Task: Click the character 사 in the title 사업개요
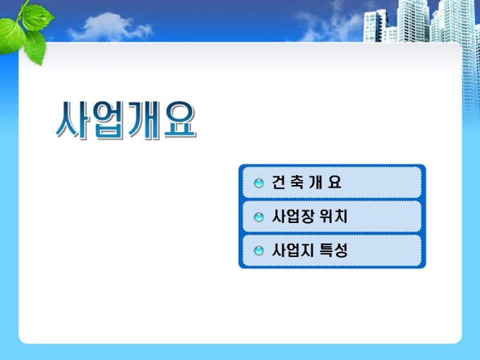(x=72, y=119)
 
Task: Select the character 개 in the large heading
(x=144, y=120)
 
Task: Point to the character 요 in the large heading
(x=180, y=119)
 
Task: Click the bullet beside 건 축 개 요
(x=258, y=183)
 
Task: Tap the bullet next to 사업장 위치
(x=258, y=217)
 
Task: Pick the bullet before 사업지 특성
(x=258, y=251)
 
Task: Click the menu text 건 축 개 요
(x=306, y=182)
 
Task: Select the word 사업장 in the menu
(x=293, y=217)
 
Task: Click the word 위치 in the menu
(x=333, y=217)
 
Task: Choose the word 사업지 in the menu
(x=293, y=250)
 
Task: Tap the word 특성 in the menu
(x=333, y=250)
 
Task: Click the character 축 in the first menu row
(x=296, y=182)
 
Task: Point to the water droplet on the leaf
(x=42, y=18)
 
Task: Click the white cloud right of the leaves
(x=110, y=27)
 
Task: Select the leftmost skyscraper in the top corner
(x=376, y=25)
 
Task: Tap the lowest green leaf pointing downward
(x=35, y=48)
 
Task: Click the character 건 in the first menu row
(x=279, y=182)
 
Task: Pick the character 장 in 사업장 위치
(x=307, y=217)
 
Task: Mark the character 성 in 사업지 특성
(x=341, y=250)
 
